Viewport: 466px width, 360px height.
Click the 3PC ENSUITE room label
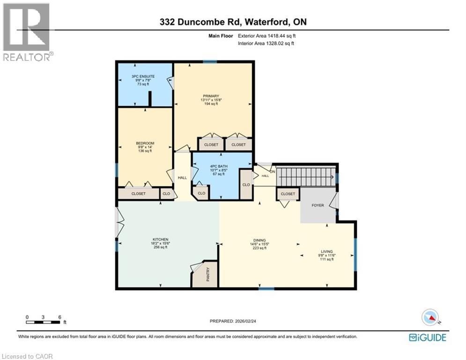143,76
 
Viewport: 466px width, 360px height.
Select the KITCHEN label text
160,240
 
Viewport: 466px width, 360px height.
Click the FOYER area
318,205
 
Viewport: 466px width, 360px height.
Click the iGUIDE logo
427,337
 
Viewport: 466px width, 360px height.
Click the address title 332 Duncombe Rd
233,22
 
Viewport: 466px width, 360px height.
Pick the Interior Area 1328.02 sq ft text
267,44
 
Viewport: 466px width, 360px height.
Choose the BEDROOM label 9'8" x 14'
145,143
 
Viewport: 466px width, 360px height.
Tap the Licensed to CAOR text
27,356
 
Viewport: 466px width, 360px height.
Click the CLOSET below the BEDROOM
138,194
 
